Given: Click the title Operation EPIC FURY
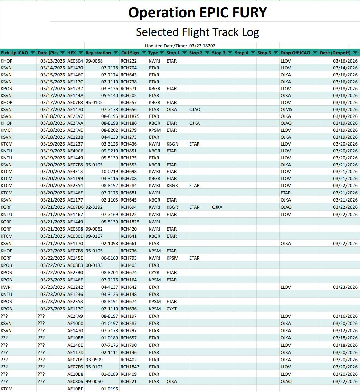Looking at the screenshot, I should click(x=198, y=12).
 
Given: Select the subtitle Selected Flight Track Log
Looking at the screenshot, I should click(x=198, y=32).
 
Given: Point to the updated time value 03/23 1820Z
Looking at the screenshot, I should click(x=202, y=46).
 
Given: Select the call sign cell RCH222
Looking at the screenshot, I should click(x=129, y=61).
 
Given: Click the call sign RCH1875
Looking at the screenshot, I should click(x=130, y=116).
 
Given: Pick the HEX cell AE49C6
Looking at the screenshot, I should click(x=75, y=151).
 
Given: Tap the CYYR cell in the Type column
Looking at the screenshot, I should click(x=154, y=272).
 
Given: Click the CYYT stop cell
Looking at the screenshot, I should click(x=172, y=309).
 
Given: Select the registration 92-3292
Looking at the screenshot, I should click(x=94, y=207).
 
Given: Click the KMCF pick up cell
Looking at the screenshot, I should click(x=7, y=130).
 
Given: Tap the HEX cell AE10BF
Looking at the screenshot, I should click(x=75, y=389).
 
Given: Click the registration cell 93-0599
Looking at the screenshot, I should click(x=94, y=360).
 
